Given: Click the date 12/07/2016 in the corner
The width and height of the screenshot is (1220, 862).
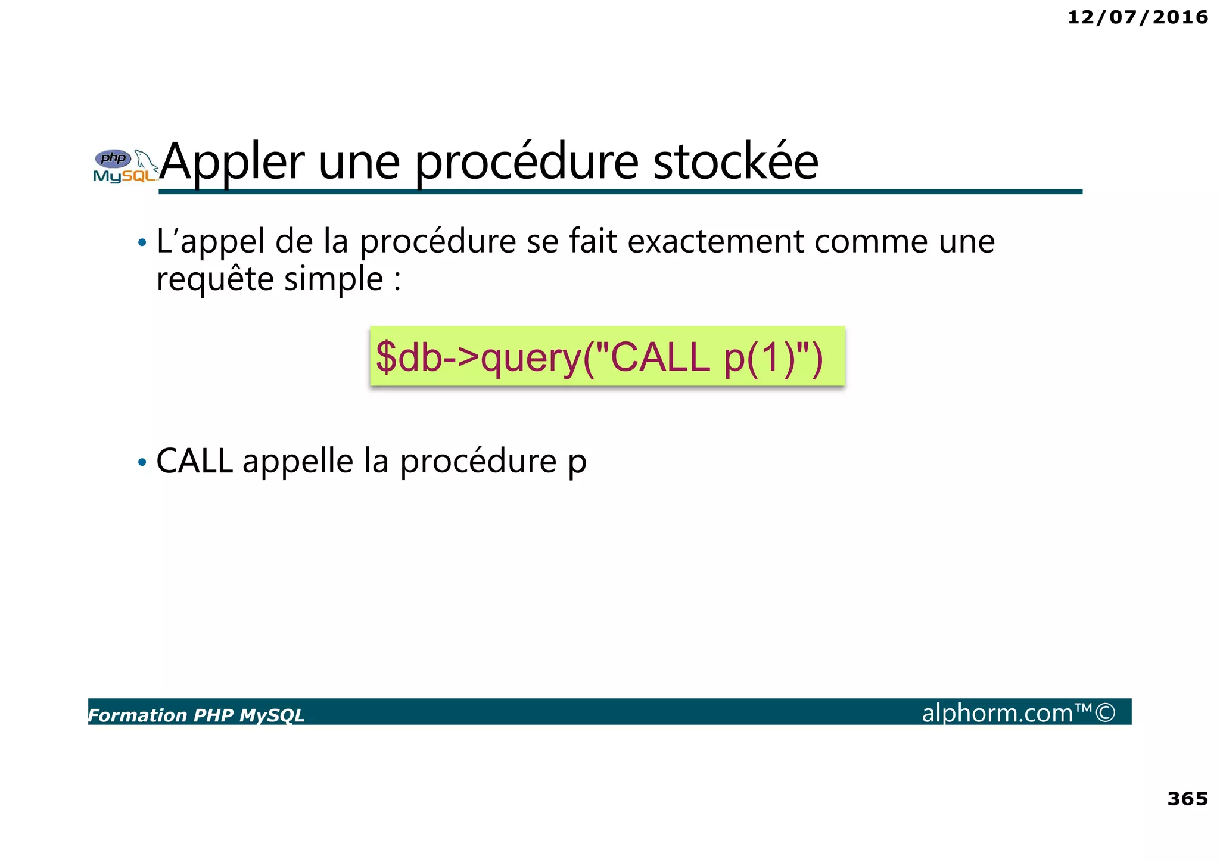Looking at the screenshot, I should [x=1137, y=17].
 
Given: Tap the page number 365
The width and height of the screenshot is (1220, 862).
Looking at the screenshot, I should [x=1187, y=799].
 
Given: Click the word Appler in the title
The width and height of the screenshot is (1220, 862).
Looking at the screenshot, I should [x=232, y=162].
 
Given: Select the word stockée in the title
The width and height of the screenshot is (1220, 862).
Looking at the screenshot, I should [x=736, y=162].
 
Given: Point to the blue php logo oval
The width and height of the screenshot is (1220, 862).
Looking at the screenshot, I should [x=113, y=158].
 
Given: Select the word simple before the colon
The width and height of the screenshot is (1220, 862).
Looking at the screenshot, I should [x=334, y=279].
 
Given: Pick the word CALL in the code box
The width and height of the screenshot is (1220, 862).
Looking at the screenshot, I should [x=661, y=357].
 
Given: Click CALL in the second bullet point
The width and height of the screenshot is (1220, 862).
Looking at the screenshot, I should [x=194, y=461].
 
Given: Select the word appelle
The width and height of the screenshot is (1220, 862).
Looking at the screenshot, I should [x=298, y=461].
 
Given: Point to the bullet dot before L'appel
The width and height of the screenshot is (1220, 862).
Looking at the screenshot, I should [x=142, y=243].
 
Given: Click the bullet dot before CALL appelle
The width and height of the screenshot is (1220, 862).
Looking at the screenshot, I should [x=142, y=462].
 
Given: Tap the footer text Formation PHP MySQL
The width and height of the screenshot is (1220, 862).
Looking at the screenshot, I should [x=197, y=715].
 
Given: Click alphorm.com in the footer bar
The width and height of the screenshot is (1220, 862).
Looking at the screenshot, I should [x=998, y=713].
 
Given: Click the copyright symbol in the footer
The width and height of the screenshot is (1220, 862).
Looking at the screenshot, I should [x=1105, y=712].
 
